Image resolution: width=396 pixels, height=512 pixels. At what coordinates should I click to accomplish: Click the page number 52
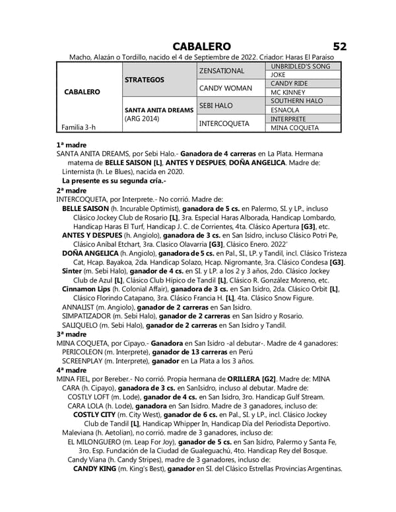[x=339, y=46]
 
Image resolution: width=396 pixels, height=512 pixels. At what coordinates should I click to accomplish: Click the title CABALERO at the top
[x=201, y=46]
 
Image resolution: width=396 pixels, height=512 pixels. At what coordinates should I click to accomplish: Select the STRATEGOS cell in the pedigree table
[x=144, y=80]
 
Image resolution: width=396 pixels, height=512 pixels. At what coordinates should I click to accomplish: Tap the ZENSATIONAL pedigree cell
[x=221, y=71]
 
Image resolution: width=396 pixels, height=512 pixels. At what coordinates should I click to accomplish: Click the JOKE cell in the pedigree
[x=278, y=75]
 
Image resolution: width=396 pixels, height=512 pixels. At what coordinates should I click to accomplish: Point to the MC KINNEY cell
[x=285, y=92]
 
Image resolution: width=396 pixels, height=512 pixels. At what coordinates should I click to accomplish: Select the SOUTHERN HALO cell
[x=296, y=101]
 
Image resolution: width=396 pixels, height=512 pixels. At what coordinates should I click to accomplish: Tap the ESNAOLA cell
[x=286, y=110]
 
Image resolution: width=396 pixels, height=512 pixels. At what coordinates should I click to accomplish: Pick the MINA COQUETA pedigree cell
[x=294, y=127]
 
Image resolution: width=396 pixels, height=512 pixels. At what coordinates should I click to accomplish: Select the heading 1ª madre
[x=71, y=144]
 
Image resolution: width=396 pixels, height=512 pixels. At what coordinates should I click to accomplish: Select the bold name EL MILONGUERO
[x=106, y=442]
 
